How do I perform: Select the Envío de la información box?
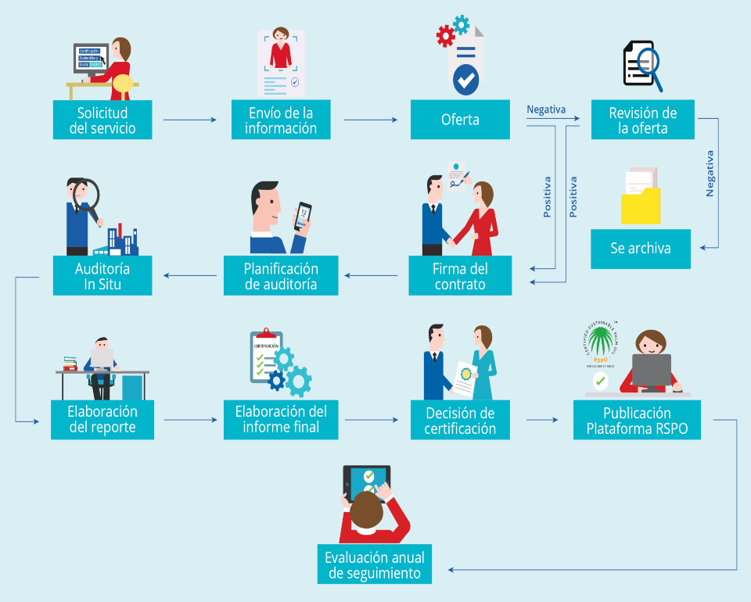click(x=281, y=120)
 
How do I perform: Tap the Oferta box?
click(x=460, y=120)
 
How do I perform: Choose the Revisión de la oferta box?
click(x=642, y=120)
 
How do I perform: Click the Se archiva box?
click(x=640, y=249)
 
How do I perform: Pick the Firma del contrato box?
click(x=460, y=276)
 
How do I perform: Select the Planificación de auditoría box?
click(x=281, y=276)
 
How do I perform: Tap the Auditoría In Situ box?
click(x=102, y=276)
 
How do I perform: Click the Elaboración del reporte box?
click(x=102, y=420)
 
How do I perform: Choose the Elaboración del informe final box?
click(x=281, y=420)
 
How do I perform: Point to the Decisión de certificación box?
click(x=460, y=420)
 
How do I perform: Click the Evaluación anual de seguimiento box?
click(x=375, y=565)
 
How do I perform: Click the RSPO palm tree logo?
click(x=601, y=342)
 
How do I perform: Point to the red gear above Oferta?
click(x=446, y=36)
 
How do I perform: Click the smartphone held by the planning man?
click(x=303, y=216)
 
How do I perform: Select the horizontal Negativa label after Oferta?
click(x=546, y=110)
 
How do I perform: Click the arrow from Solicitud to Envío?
click(x=189, y=120)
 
